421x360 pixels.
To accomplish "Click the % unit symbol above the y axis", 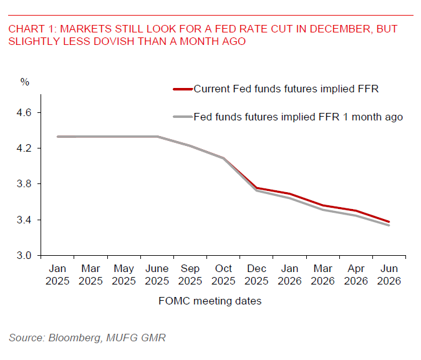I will click(25, 82).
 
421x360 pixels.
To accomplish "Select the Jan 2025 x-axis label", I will click(57, 275).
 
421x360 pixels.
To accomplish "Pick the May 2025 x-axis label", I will click(124, 275).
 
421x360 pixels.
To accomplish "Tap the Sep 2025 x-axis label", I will click(191, 275).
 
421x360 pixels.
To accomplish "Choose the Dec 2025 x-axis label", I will click(257, 275).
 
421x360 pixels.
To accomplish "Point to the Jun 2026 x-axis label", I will click(389, 275).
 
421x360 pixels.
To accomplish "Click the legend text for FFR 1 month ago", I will click(298, 117).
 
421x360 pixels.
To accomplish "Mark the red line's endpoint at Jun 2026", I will click(390, 221).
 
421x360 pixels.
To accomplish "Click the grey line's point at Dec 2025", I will click(257, 190).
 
